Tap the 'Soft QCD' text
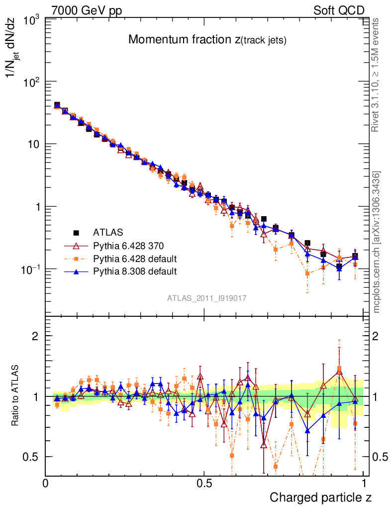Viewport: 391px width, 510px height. click(339, 10)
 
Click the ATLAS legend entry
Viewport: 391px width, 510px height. click(108, 232)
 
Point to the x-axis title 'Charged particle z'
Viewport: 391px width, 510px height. click(320, 497)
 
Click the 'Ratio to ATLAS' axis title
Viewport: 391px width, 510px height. click(16, 396)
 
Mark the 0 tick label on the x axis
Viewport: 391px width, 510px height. click(46, 483)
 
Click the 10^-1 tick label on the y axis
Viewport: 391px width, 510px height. click(30, 269)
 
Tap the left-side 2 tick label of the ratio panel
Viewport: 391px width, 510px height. click(36, 336)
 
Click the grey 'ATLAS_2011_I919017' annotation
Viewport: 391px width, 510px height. click(207, 297)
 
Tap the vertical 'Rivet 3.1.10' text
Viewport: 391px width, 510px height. click(376, 75)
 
